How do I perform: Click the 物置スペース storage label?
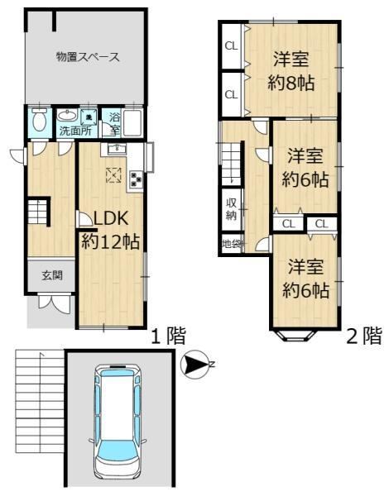pos(88,57)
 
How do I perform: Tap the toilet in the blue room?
pos(40,120)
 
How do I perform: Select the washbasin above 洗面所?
pos(68,116)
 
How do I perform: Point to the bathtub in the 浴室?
pos(132,123)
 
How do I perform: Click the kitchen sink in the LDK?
pos(117,149)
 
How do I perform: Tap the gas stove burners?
pos(137,180)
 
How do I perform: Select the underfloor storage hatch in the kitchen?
pos(113,175)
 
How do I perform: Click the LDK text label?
pos(111,218)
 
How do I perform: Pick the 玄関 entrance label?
pos(52,276)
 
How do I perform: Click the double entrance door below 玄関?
pos(55,303)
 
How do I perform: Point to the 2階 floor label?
pos(364,336)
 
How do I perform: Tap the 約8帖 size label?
pos(291,83)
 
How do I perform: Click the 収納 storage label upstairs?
pos(232,209)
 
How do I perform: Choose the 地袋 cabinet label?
pos(233,244)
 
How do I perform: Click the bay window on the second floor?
pos(295,336)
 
